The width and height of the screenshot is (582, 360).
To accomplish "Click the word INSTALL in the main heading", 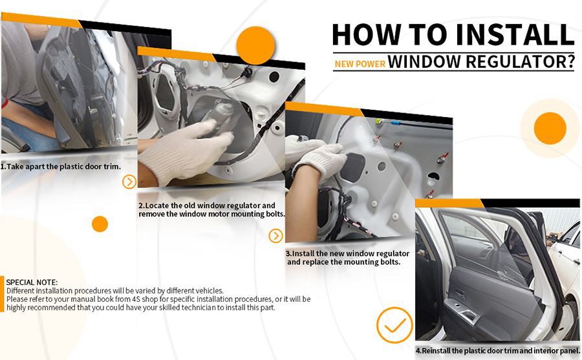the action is pos(515,34).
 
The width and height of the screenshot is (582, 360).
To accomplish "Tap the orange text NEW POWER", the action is pos(360,64).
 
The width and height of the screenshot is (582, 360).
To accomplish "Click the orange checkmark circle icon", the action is pos(394,325).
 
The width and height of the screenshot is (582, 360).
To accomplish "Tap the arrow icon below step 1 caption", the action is pos(129,182).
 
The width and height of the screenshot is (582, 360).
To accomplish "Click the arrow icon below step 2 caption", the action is pos(275,236).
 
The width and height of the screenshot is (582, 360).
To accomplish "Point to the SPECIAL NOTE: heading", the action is pos(32,282).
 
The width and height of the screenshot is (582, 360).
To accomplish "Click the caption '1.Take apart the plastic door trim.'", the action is pos(61,167).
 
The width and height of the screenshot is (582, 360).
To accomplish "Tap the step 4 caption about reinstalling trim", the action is pos(498,351).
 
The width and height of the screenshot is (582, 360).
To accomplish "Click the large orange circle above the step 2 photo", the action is pos(255,45).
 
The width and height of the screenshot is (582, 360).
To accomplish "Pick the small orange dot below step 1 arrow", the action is pos(100,224).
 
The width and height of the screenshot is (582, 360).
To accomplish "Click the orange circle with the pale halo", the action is pos(550,129).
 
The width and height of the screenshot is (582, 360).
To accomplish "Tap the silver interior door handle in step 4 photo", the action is pos(469,315).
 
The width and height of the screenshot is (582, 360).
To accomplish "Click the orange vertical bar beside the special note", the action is pos(2,294).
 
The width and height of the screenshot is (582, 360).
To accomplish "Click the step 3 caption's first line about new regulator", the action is pos(347,253).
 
